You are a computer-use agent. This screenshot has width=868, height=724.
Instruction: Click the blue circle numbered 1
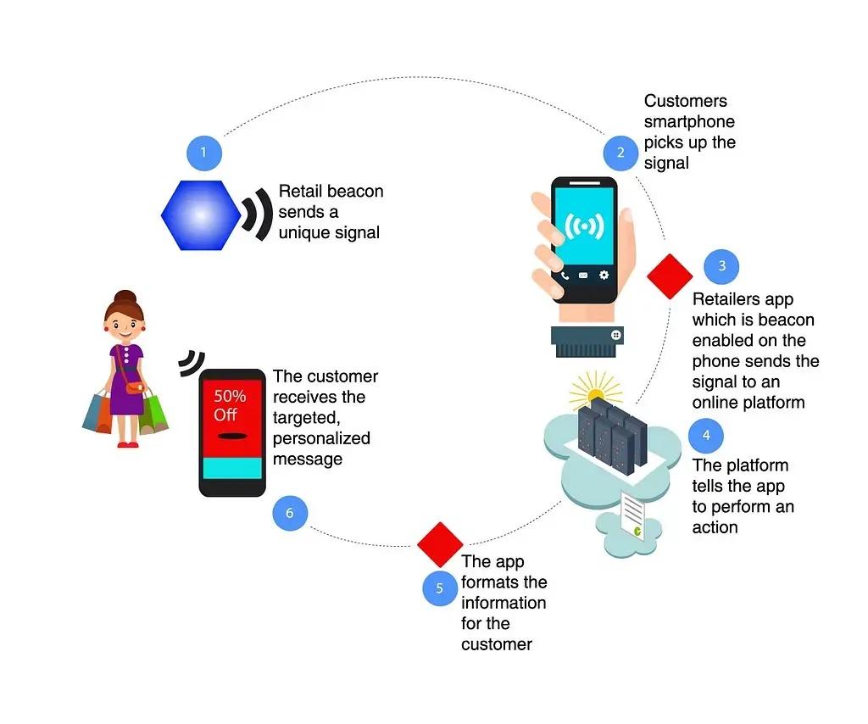coord(204,153)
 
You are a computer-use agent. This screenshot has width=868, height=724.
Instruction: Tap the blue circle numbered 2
coord(620,153)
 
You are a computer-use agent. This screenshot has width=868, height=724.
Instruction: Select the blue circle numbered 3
coord(721,266)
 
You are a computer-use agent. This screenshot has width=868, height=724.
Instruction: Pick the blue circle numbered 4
coord(706,436)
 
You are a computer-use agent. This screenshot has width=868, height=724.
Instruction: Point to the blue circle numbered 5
coord(440,588)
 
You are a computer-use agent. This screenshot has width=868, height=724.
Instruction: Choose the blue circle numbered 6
coord(290,513)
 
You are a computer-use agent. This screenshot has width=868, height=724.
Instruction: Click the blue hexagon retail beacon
coord(201,215)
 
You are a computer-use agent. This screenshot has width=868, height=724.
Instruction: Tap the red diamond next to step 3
coord(670,276)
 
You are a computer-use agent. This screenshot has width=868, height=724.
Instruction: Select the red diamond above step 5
coord(440,544)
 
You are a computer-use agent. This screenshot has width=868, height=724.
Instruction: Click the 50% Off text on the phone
coord(230,405)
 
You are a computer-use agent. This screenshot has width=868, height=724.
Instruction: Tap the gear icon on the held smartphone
coord(604,275)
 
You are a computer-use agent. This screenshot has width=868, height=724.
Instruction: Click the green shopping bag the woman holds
coord(153,412)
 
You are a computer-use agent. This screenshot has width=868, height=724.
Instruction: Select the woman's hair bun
coord(125,298)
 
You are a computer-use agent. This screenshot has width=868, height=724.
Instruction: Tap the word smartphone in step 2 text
coord(689,122)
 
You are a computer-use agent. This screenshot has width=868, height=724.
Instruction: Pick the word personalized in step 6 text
coord(321,438)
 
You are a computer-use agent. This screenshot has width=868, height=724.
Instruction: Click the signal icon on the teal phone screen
coord(584,226)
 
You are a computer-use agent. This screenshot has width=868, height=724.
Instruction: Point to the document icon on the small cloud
coord(632,515)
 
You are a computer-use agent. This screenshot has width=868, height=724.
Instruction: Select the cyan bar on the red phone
coord(232,468)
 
